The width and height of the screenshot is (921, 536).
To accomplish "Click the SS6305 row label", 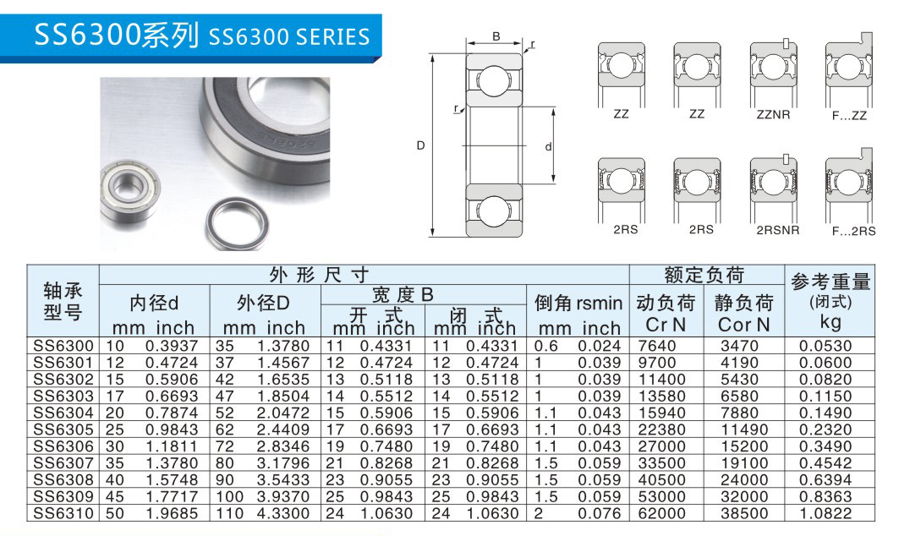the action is point(63,429).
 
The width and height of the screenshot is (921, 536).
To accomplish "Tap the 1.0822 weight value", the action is point(825,514).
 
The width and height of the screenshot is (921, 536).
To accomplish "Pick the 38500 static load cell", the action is point(744,514).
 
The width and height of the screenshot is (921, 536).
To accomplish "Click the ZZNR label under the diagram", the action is point(773,114).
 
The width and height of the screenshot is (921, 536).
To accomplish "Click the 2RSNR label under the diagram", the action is point(778,230).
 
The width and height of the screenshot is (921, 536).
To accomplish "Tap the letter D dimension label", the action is point(420,145).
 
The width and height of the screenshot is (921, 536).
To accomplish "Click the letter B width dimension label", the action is point(496,36).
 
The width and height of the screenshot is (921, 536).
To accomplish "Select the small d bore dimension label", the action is point(549,147).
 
